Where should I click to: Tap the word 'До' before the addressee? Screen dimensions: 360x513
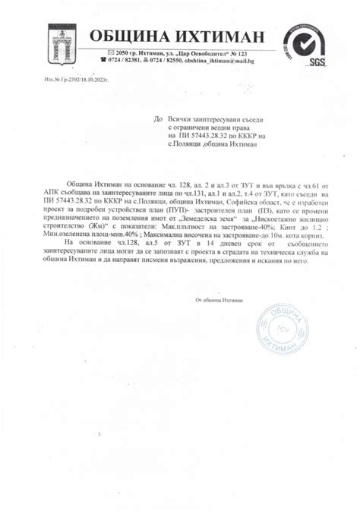click(x=158, y=119)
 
